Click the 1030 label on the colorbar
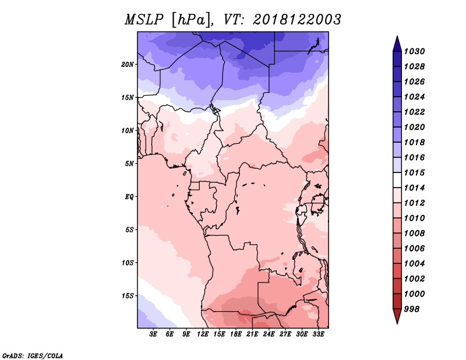point(414,51)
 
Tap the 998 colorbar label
point(412,309)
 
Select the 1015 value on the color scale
point(414,172)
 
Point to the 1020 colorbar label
point(414,127)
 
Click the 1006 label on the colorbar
point(414,249)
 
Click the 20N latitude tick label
point(128,65)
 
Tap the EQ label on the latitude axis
point(129,197)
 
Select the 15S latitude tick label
point(128,296)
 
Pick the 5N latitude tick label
point(129,164)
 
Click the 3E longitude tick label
point(153,334)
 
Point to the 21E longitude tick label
point(252,334)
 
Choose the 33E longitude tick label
point(318,334)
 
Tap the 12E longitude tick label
point(203,334)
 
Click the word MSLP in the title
point(144,20)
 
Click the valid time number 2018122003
point(297,20)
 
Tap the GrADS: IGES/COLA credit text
point(33,356)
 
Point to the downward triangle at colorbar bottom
point(397,315)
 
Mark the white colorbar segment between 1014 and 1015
point(397,180)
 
